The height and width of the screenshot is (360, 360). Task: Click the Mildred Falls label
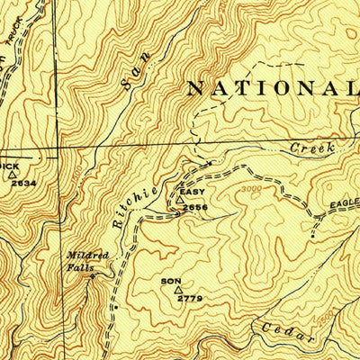(x=87, y=261)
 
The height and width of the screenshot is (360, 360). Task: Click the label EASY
(x=193, y=192)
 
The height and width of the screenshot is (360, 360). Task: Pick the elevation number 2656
(x=195, y=208)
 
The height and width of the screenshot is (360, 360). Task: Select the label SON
(x=171, y=281)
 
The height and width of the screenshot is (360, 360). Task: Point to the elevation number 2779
(x=189, y=298)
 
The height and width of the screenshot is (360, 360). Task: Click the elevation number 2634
(x=23, y=184)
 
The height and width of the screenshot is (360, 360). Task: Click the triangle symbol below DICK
(x=24, y=175)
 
